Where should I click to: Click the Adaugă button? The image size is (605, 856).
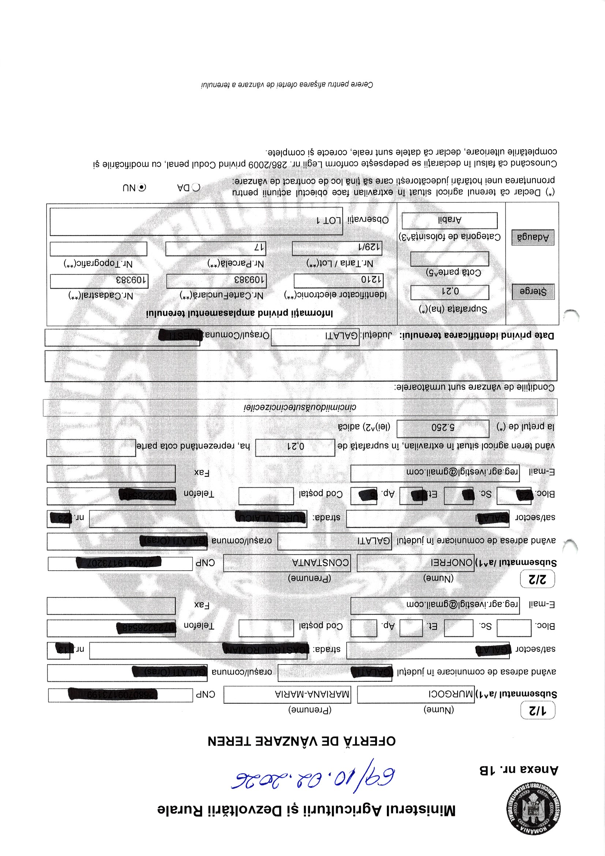coord(533,237)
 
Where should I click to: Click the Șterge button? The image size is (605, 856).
coord(533,291)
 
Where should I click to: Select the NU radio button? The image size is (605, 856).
coord(142,187)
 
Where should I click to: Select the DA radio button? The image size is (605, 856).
coord(196,187)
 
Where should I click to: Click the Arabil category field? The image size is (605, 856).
coord(449,220)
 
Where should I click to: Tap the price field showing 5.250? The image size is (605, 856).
coord(442,428)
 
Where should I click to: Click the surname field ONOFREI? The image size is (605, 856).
coord(415,562)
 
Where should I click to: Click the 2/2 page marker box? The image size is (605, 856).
coord(537,579)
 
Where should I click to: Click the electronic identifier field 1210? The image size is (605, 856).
coord(338,280)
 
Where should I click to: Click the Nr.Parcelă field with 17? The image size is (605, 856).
coord(215,248)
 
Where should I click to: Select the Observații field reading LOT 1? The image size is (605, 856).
coord(196,221)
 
